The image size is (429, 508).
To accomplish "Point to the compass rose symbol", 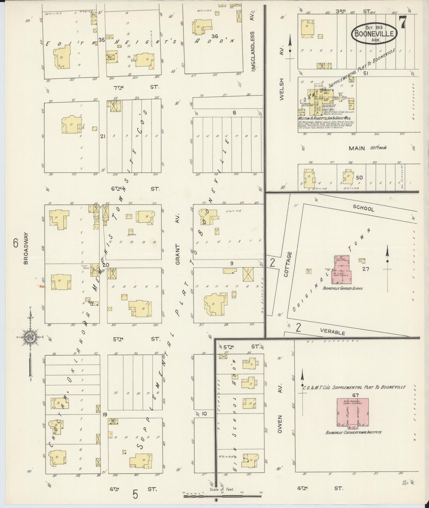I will (x=30, y=337).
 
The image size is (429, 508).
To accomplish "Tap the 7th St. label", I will (x=136, y=87).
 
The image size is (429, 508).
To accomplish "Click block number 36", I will (x=215, y=36).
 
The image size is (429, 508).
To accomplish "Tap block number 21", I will (x=103, y=136).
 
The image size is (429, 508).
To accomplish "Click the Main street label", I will (x=357, y=148).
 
